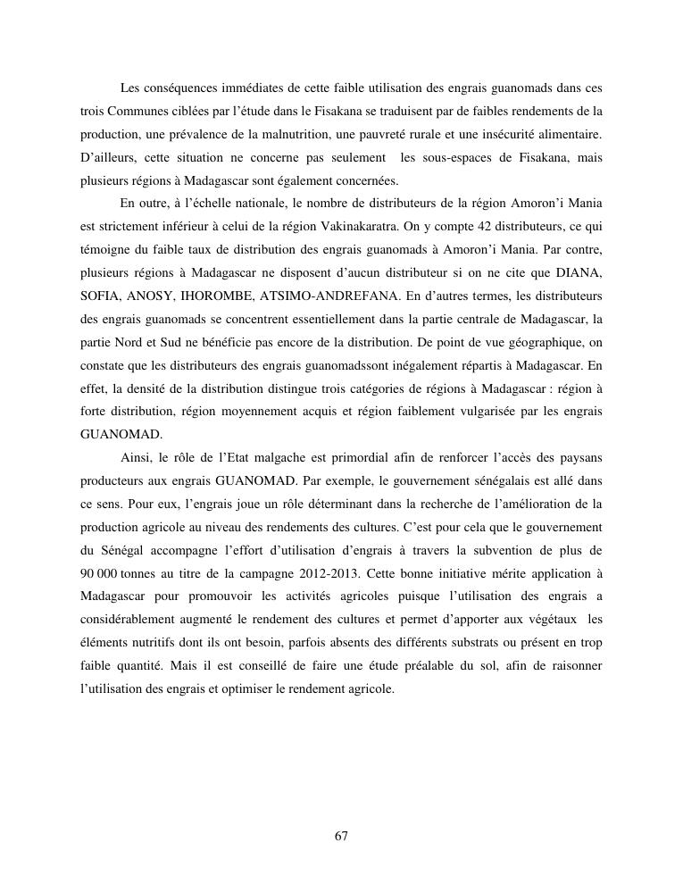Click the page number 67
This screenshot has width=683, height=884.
[x=341, y=836]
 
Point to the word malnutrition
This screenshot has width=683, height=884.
[x=296, y=134]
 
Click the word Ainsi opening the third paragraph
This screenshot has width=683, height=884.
[x=135, y=458]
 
